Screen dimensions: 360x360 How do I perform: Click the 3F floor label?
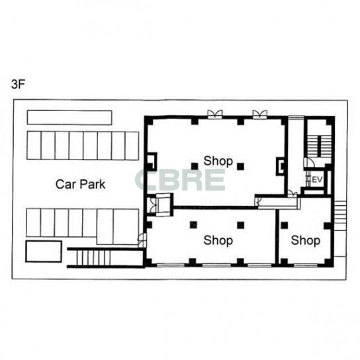click(x=18, y=85)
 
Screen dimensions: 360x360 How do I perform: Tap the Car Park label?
click(x=80, y=185)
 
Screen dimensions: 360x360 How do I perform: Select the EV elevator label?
click(x=318, y=179)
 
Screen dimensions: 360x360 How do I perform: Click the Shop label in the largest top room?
click(x=218, y=161)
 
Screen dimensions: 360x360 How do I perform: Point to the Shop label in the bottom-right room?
click(x=306, y=241)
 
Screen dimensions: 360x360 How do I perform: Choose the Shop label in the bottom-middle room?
click(x=218, y=241)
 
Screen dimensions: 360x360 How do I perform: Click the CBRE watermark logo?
click(x=180, y=180)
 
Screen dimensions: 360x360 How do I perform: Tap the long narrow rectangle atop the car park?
click(x=69, y=118)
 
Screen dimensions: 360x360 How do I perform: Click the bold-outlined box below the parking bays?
click(x=44, y=251)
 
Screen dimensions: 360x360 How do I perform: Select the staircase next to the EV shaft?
click(x=319, y=146)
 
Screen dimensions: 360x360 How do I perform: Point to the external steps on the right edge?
click(x=340, y=212)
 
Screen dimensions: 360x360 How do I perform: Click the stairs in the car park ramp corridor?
click(x=93, y=257)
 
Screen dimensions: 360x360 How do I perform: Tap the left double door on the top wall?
click(x=215, y=114)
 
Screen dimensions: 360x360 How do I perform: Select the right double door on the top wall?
click(x=260, y=114)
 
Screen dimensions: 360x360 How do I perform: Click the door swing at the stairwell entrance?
click(x=309, y=163)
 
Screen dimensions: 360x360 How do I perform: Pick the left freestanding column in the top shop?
click(x=195, y=166)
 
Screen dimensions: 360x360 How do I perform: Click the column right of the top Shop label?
click(x=241, y=166)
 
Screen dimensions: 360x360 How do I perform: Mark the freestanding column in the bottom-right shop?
click(x=285, y=225)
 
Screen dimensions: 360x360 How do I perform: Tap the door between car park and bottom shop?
click(x=142, y=240)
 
